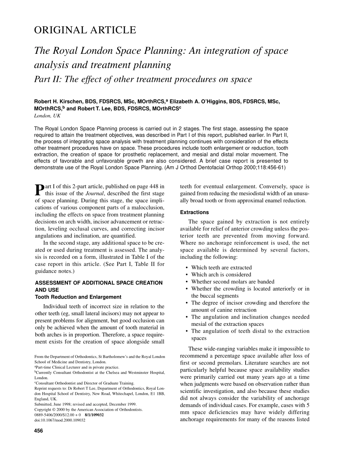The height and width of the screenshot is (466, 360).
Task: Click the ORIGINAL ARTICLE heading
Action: click(x=85, y=30)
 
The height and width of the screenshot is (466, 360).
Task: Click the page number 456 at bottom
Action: click(x=38, y=431)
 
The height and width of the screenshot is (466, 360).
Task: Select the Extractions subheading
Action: click(x=194, y=213)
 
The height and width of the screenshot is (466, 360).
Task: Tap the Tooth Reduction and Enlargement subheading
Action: click(x=78, y=297)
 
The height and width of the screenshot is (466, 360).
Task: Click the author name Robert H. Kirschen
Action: click(x=60, y=102)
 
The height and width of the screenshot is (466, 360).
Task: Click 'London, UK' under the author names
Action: click(x=45, y=116)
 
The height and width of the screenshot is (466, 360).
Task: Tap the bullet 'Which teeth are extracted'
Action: click(x=221, y=267)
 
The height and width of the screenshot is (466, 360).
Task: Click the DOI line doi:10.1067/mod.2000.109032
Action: click(x=60, y=420)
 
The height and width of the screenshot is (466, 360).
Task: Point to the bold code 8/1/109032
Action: click(x=94, y=415)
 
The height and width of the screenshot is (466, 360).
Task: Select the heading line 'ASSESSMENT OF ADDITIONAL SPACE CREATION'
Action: click(x=99, y=283)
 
